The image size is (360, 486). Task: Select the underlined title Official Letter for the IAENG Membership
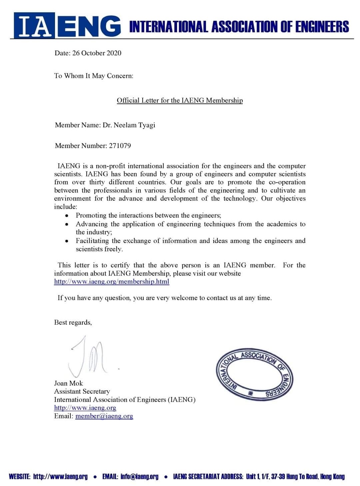[180, 100]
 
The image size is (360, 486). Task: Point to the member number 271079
[120, 146]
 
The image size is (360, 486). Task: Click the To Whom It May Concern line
[94, 76]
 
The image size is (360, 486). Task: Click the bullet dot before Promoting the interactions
[67, 216]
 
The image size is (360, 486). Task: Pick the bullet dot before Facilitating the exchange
[67, 241]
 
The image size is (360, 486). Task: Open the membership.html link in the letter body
[112, 281]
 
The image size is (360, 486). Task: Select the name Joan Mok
[68, 383]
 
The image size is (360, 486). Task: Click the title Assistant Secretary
[82, 391]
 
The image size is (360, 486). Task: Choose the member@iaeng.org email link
[104, 416]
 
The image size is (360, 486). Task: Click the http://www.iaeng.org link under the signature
[85, 408]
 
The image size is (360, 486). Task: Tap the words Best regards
[73, 322]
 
